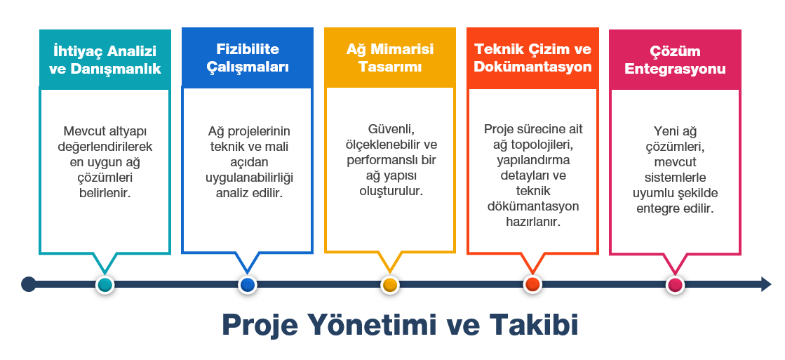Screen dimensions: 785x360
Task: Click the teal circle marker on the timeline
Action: (x=105, y=285)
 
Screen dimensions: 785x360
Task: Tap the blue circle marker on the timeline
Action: (x=248, y=285)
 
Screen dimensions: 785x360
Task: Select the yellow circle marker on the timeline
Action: (x=389, y=285)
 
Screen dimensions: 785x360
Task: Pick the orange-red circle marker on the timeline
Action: (x=532, y=285)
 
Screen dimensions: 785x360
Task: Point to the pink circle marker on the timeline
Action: (x=676, y=285)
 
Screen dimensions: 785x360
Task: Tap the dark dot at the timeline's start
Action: (x=29, y=284)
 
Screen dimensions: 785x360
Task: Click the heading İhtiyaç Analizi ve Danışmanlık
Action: (x=105, y=60)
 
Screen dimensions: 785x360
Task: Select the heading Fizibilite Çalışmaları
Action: (x=248, y=58)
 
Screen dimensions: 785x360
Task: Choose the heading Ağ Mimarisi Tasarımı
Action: (x=389, y=58)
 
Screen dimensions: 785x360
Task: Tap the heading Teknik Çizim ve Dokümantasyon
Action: (x=532, y=58)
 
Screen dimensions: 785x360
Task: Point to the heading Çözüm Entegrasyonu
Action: (x=675, y=60)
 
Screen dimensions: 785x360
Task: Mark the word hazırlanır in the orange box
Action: (x=532, y=221)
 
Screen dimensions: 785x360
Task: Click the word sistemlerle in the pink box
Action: (x=675, y=178)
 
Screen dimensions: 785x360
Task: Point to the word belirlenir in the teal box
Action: (x=105, y=193)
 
